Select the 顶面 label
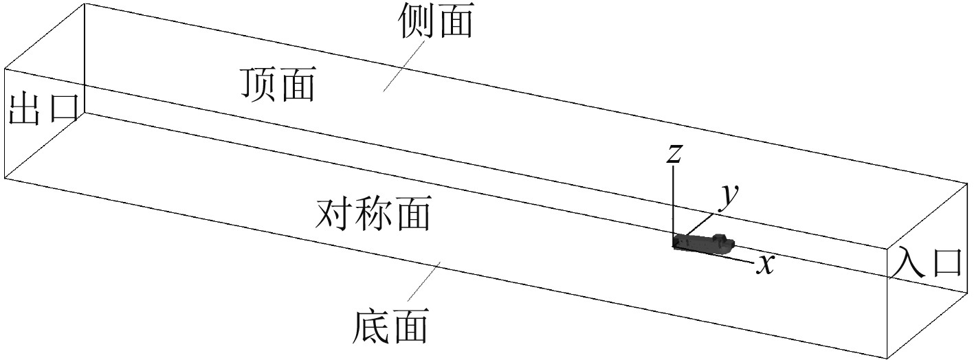pos(278,85)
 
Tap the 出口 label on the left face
pos(43,109)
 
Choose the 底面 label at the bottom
pos(392,326)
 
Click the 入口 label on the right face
pos(928,263)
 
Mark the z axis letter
pos(674,154)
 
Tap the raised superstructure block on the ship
pos(720,238)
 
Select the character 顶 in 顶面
pos(258,85)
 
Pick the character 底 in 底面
pos(373,326)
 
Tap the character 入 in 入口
pos(909,263)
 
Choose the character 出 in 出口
pos(24,109)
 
